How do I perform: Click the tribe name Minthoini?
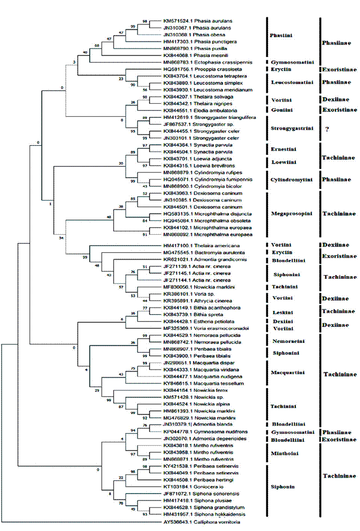click(x=284, y=452)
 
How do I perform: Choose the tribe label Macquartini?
click(x=286, y=373)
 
